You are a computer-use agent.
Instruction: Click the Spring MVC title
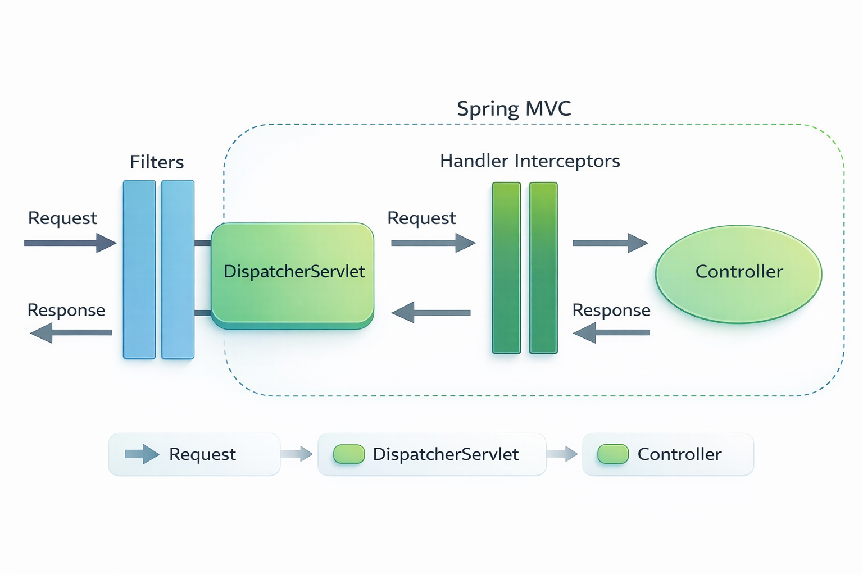514,108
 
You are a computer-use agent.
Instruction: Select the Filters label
157,162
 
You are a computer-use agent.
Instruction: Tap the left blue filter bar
139,270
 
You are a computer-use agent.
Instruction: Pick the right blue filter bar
178,270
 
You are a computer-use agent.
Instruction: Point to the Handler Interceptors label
529,161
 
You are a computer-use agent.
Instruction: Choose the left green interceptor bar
506,268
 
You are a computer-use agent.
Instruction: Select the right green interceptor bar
543,268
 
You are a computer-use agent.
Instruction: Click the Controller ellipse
738,273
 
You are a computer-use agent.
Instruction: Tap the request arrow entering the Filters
70,243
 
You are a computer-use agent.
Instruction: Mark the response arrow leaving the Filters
71,332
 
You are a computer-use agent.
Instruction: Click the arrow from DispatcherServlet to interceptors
433,243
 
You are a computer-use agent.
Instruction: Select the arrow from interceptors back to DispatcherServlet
430,312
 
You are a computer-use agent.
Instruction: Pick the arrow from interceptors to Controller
610,243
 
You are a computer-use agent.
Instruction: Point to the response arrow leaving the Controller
611,332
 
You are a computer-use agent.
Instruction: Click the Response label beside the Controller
611,310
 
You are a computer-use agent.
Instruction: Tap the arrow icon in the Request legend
142,454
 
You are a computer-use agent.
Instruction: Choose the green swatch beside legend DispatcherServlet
349,454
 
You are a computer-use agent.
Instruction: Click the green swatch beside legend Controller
613,454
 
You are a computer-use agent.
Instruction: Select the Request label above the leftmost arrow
62,218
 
